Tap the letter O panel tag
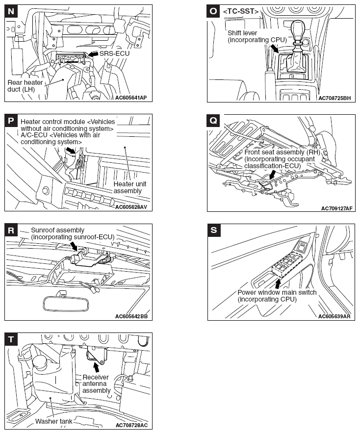pos(213,10)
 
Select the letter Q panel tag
pos(213,120)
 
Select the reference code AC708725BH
pos(334,98)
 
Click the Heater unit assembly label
pos(128,187)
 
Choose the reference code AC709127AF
pos(336,208)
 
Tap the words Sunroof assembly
pos(57,230)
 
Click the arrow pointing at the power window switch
pos(279,283)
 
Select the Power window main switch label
pos(277,296)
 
